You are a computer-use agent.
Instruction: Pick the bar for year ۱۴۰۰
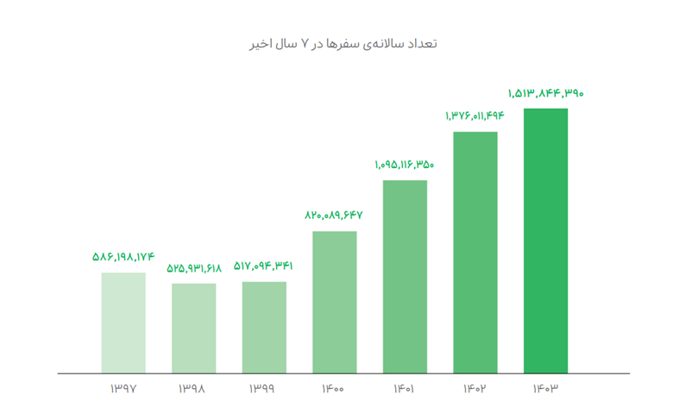pyautogui.click(x=335, y=302)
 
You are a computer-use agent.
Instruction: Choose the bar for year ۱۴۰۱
pyautogui.click(x=405, y=276)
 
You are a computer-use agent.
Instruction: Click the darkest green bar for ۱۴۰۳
pyautogui.click(x=545, y=241)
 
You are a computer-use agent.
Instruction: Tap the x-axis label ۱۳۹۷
pyautogui.click(x=123, y=389)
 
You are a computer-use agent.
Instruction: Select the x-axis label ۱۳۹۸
pyautogui.click(x=192, y=389)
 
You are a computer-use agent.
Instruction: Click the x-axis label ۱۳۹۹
pyautogui.click(x=263, y=389)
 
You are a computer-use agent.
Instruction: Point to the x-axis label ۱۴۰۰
pyautogui.click(x=334, y=389)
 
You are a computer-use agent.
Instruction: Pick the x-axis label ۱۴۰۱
pyautogui.click(x=404, y=389)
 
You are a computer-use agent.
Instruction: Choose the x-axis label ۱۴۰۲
pyautogui.click(x=475, y=389)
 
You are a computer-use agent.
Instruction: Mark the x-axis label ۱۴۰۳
pyautogui.click(x=545, y=389)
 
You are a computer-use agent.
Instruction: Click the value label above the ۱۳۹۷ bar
pyautogui.click(x=123, y=257)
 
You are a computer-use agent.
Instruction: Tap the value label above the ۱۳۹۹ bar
pyautogui.click(x=263, y=266)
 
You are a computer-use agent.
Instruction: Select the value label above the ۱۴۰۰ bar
pyautogui.click(x=334, y=216)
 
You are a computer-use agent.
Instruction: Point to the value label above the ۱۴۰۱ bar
pyautogui.click(x=404, y=164)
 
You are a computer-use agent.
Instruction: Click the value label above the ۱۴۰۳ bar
pyautogui.click(x=545, y=93)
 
